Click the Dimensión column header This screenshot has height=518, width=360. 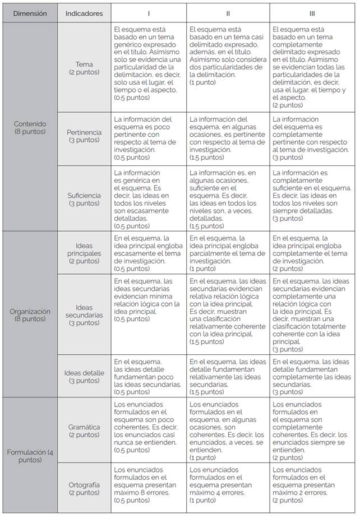[30, 13]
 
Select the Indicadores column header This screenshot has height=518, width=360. [84, 13]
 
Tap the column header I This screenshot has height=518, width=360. [149, 13]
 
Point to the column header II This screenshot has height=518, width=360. [228, 13]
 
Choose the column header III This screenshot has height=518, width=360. [312, 13]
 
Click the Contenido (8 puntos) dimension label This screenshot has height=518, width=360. [30, 127]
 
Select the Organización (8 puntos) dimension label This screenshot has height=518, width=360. [30, 314]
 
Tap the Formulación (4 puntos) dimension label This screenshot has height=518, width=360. [30, 456]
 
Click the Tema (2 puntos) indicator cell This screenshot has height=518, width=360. [84, 68]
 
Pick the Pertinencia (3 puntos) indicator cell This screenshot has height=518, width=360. [84, 136]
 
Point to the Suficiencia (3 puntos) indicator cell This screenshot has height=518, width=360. [84, 199]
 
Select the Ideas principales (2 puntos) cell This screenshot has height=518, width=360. [84, 253]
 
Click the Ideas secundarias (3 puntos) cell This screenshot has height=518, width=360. [84, 314]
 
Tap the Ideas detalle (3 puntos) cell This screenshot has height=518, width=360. [84, 376]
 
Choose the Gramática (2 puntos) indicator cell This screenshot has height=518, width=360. [84, 431]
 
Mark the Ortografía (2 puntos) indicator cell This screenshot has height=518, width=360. [84, 488]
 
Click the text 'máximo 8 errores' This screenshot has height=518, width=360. [140, 493]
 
